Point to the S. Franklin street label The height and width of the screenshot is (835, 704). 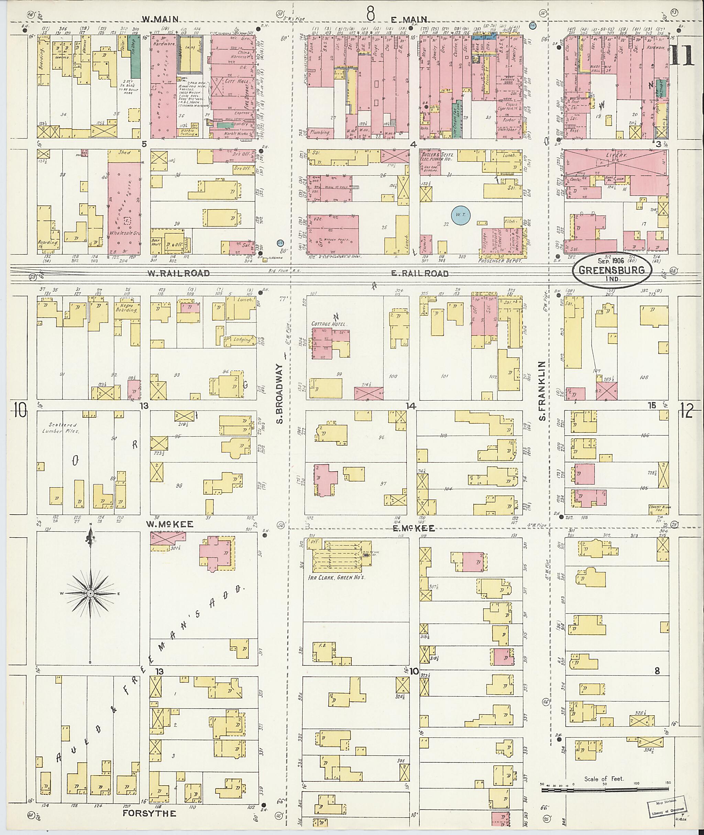tap(541, 391)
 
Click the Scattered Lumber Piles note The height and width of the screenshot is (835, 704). tap(59, 428)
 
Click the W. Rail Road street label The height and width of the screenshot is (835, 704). tap(178, 273)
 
